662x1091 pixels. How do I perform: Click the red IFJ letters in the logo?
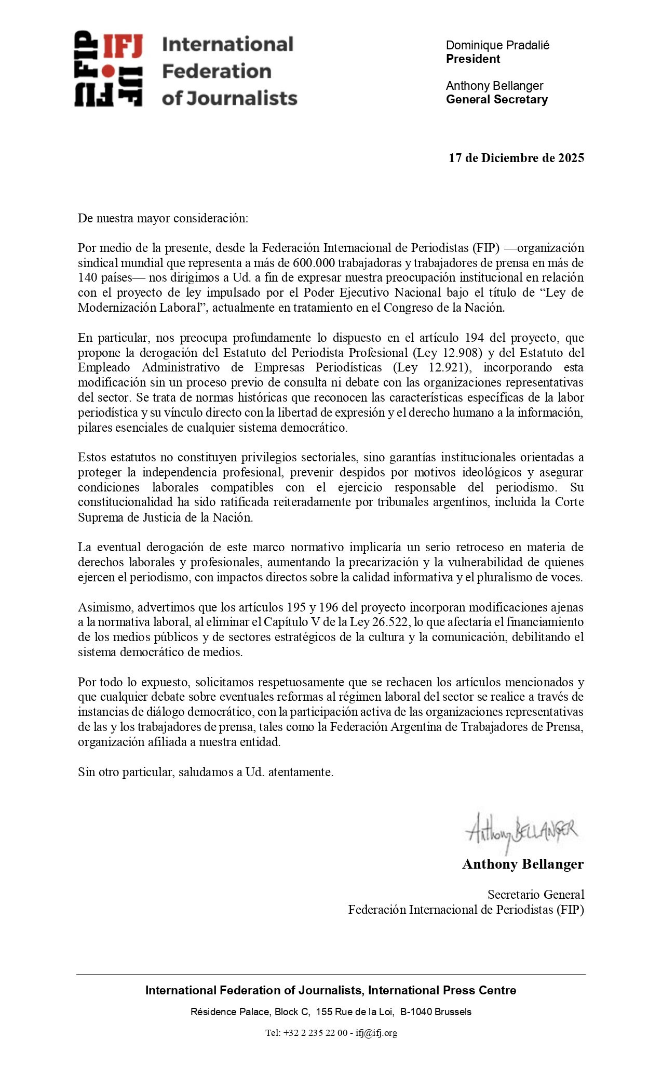coord(123,46)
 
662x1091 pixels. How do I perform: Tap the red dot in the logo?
coord(108,71)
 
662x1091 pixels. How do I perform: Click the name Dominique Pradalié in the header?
coord(497,45)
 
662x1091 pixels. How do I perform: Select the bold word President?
coord(473,59)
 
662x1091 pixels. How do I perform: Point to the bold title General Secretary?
coord(497,99)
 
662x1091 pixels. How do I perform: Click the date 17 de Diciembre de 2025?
coord(516,158)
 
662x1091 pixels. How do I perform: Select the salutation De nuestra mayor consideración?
coord(163,218)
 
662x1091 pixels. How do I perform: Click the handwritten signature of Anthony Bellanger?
coord(521,830)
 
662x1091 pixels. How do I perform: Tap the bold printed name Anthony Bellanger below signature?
coord(523,864)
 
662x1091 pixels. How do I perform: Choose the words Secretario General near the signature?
coord(535,895)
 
